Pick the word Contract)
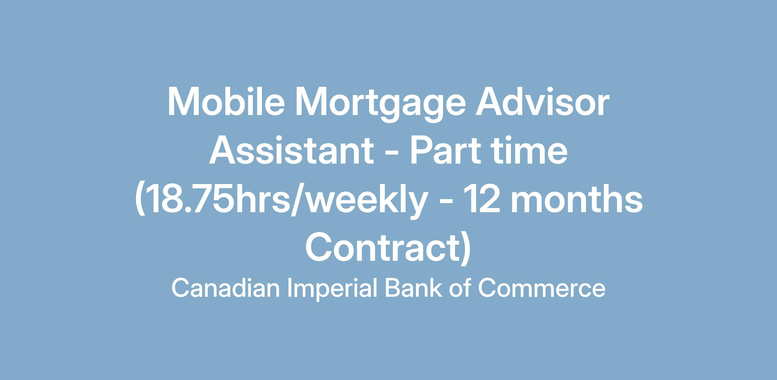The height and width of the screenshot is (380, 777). click(x=388, y=248)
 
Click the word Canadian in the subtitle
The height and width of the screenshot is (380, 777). click(x=226, y=288)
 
